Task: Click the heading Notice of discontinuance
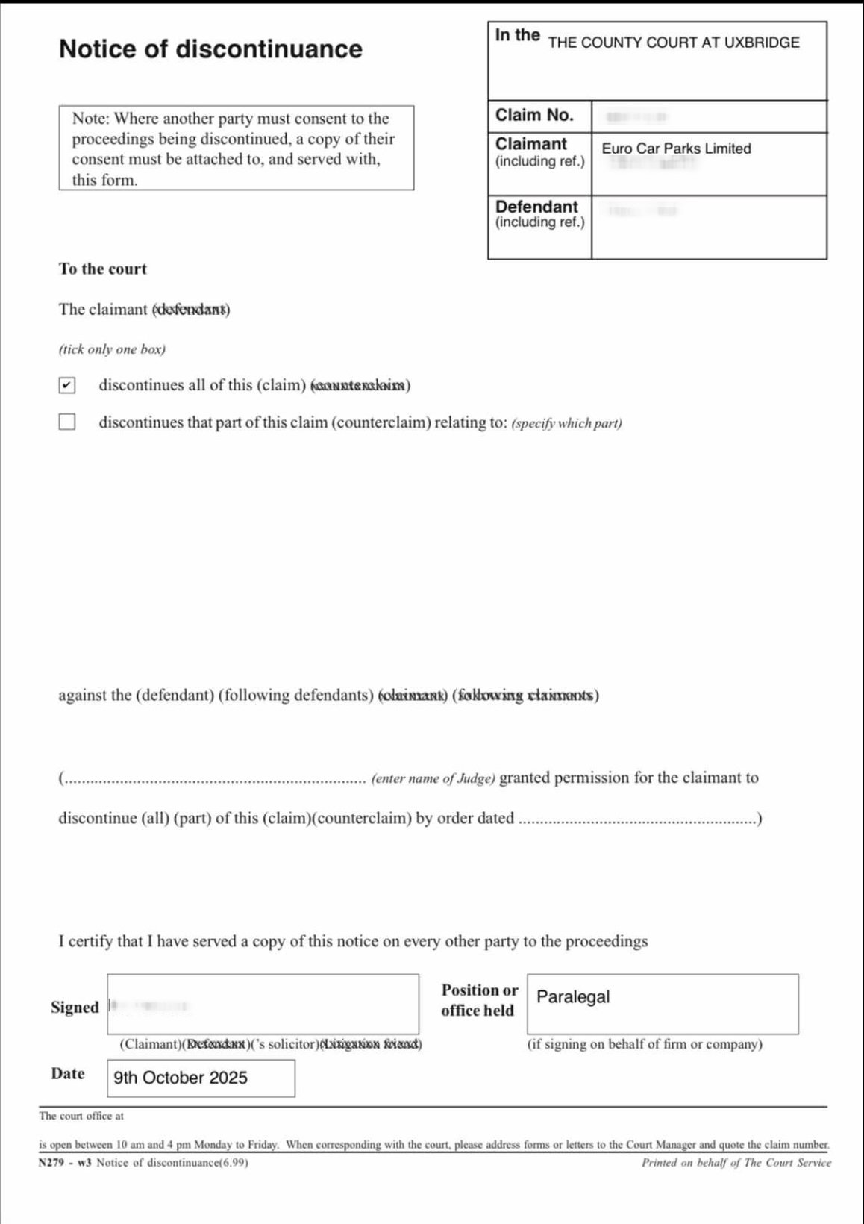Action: (210, 49)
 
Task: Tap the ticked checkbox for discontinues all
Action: (67, 385)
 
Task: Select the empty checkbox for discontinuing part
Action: (67, 422)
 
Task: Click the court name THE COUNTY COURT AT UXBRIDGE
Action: (673, 43)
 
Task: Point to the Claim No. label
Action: (534, 115)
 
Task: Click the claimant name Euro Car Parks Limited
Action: (676, 149)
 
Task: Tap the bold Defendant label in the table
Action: (536, 207)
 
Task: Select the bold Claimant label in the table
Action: (531, 144)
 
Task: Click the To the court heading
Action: (103, 269)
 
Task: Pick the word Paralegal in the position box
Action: (573, 997)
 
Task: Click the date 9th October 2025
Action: (181, 1078)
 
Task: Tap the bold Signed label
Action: (75, 1008)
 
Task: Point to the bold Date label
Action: (68, 1074)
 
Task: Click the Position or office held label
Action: (479, 1000)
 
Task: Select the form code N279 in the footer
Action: (54, 1163)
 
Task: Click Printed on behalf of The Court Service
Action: (736, 1163)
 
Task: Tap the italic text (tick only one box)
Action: (112, 349)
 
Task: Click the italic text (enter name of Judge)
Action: (433, 779)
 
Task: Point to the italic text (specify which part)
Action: (566, 424)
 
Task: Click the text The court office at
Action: (81, 1117)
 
